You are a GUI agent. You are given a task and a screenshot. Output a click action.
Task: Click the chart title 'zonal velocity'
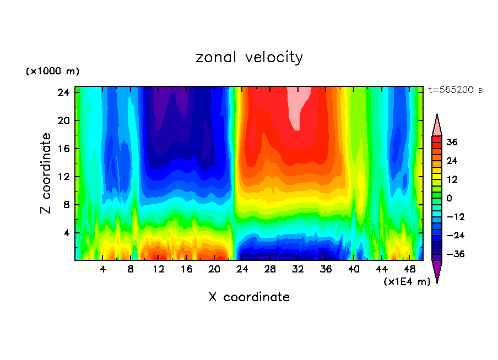coord(249,57)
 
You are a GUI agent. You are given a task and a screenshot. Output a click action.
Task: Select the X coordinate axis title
coord(249,297)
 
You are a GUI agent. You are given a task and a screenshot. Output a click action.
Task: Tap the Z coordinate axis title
coord(46,173)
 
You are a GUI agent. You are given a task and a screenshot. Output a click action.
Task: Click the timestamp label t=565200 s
coord(455,90)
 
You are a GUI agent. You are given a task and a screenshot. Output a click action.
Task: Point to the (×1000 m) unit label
coord(52,72)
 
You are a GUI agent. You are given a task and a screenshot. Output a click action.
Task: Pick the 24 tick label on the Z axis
coord(62,92)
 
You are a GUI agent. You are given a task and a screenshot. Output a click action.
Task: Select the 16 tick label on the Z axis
coord(62,149)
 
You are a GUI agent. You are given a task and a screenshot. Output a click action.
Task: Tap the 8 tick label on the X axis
coord(131,269)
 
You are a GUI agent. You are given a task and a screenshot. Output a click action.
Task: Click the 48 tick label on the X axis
coord(409,269)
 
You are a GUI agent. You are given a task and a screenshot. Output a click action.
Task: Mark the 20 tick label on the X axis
coord(214,269)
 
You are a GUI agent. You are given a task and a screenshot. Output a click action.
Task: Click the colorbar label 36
coord(452,142)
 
